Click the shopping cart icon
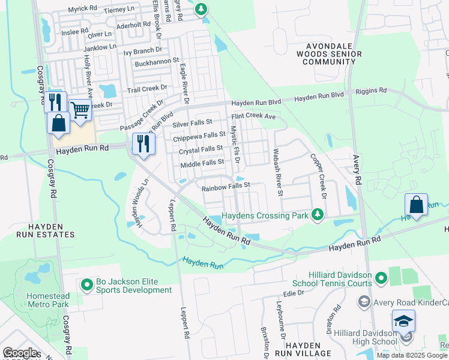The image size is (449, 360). pyautogui.click(x=80, y=109)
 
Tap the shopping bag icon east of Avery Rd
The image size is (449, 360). pyautogui.click(x=416, y=204)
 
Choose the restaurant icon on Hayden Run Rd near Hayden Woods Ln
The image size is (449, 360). pyautogui.click(x=143, y=143)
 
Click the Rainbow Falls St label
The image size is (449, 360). pyautogui.click(x=225, y=188)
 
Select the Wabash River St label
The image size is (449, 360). pyautogui.click(x=277, y=172)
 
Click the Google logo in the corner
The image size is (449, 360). pyautogui.click(x=20, y=352)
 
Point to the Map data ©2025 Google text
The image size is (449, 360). pyautogui.click(x=412, y=355)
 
